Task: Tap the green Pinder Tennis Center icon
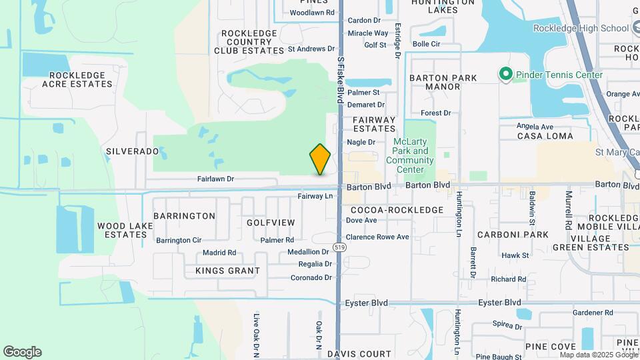point(505,75)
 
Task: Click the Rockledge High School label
point(581,28)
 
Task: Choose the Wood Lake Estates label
point(122,230)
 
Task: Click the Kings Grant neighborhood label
point(227,271)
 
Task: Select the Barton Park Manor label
point(443,82)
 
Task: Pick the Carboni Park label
point(513,235)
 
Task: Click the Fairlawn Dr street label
point(215,179)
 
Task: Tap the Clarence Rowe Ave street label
point(377,237)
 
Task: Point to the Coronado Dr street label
point(311,277)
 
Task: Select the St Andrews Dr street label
point(311,49)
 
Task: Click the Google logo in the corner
point(22,351)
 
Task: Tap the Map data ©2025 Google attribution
point(599,355)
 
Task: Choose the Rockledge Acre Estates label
point(77,79)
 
